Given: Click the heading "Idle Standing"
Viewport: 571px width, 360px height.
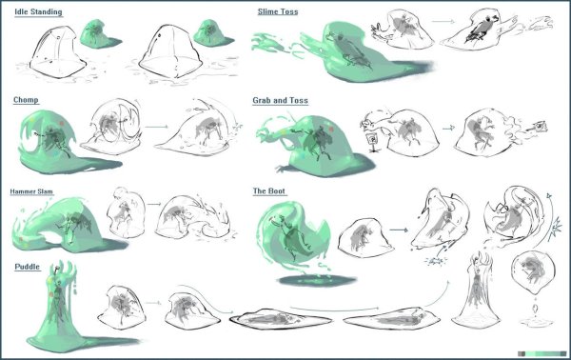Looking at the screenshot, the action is click(38, 11).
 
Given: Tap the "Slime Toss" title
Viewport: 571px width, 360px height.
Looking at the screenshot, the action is click(278, 11).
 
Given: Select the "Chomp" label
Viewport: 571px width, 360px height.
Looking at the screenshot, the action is click(26, 100).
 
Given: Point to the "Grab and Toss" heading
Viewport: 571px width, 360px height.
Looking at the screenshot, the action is click(280, 100).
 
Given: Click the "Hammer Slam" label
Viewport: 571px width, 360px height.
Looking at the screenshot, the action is click(31, 191).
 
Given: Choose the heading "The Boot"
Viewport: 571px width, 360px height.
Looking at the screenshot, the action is click(268, 190).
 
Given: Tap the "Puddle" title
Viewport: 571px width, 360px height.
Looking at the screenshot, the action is click(27, 267).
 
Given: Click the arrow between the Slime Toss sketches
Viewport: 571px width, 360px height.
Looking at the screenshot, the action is click(443, 22).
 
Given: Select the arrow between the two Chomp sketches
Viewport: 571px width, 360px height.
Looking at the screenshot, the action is click(157, 127).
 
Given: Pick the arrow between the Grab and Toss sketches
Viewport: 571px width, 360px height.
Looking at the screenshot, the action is click(448, 128).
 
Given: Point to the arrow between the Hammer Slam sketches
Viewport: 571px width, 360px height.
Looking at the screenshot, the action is click(154, 204).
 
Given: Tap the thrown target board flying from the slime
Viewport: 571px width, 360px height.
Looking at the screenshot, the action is click(540, 126).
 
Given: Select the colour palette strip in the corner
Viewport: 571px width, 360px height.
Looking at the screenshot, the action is click(541, 353).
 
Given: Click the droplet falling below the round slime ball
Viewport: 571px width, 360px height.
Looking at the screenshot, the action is click(535, 309).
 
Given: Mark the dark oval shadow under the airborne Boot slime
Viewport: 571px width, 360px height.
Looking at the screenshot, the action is click(316, 280).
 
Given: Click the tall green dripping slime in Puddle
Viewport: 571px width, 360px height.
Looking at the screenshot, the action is click(58, 306).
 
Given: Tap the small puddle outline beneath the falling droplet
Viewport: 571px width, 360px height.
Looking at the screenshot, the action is click(536, 322).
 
